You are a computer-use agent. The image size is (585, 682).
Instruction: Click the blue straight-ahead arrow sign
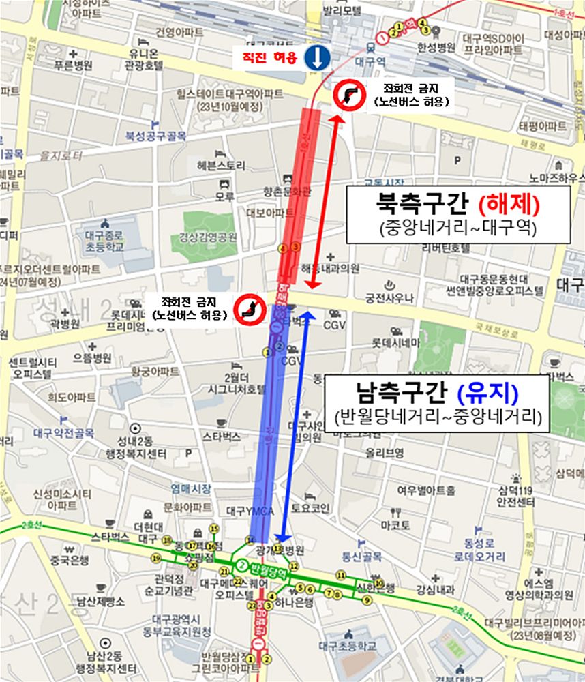point(317,57)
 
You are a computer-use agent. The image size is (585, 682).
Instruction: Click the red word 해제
point(509,204)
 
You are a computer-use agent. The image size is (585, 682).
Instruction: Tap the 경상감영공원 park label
point(208,237)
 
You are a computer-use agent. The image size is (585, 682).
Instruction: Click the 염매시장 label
point(191,488)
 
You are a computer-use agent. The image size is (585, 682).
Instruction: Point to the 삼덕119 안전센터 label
point(516,496)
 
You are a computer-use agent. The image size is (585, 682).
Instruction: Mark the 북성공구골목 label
point(155,136)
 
